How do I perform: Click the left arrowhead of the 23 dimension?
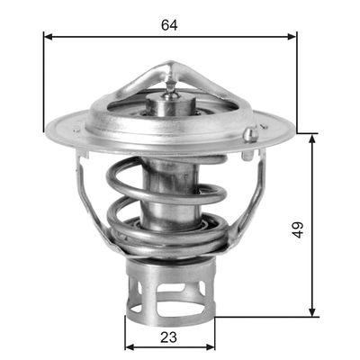click(x=128, y=346)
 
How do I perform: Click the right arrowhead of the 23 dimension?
click(x=211, y=346)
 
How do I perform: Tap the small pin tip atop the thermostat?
click(x=169, y=84)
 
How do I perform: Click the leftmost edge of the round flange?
click(x=45, y=127)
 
